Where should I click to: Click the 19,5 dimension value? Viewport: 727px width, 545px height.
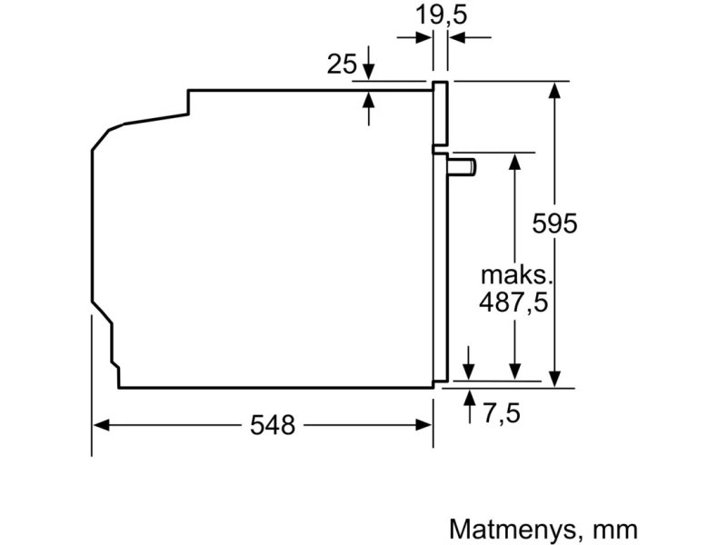point(441,15)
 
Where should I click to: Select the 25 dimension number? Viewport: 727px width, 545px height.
point(342,64)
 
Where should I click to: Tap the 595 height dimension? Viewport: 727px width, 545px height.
point(554,223)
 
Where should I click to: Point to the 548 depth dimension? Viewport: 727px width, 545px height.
point(272,425)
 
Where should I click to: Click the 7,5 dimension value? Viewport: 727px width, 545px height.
point(502,412)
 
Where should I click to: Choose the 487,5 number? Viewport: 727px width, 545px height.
point(513,303)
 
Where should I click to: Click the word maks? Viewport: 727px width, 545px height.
point(516,275)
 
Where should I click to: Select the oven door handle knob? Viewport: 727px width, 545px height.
point(462,167)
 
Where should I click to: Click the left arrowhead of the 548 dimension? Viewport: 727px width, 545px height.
point(101,424)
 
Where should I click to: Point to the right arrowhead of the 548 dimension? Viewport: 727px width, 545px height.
point(424,424)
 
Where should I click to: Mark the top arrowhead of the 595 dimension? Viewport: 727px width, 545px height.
point(554,90)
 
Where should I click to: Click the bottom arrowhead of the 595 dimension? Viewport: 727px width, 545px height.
point(554,379)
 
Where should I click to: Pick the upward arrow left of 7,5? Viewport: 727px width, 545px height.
point(470,407)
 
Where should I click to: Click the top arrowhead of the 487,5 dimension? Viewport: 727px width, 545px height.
point(514,162)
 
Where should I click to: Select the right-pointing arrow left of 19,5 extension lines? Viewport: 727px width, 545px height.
point(414,37)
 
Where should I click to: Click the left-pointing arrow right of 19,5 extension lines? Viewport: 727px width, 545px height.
point(470,37)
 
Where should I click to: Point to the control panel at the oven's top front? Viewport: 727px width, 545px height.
point(441,113)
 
